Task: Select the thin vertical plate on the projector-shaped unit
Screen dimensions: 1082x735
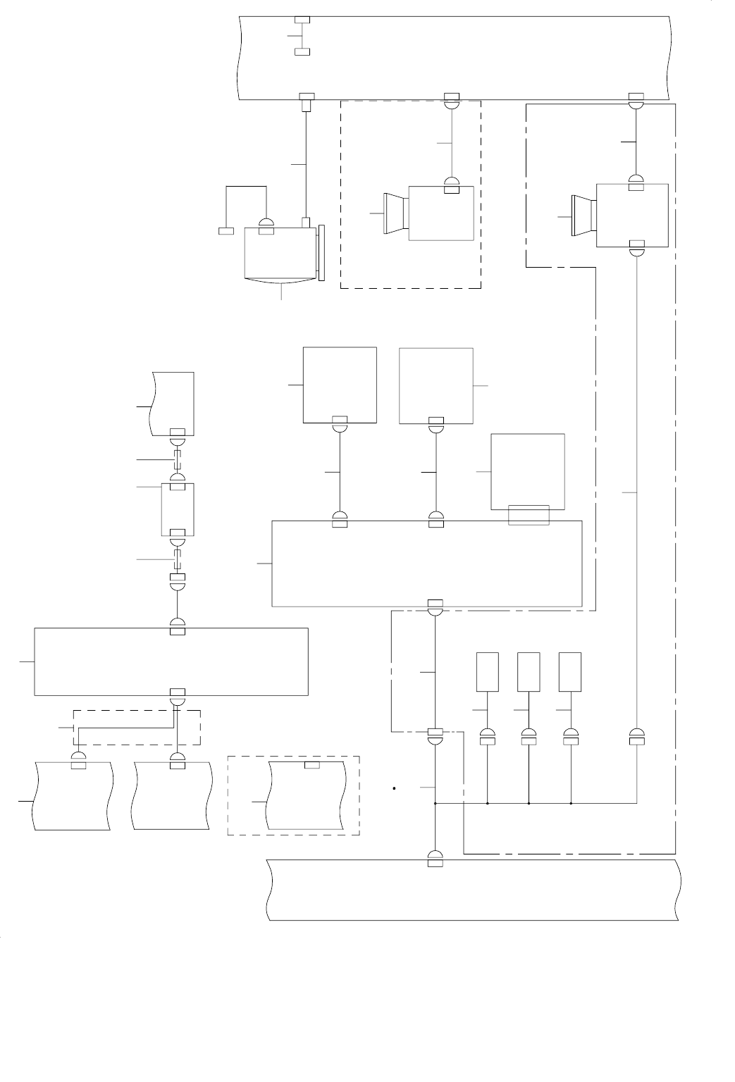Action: (322, 253)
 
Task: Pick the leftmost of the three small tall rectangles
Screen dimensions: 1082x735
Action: (488, 672)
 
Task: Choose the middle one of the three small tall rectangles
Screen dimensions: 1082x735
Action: (529, 672)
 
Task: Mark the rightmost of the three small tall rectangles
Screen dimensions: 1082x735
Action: (570, 672)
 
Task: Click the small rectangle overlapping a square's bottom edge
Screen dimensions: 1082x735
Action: (529, 515)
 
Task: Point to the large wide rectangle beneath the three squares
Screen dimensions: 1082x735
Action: (427, 564)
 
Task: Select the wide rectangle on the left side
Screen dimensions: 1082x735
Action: (171, 661)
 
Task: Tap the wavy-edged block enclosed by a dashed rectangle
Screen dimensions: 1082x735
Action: (305, 795)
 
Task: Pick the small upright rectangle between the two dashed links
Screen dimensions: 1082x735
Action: (178, 509)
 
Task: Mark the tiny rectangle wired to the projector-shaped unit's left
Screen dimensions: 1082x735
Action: (226, 231)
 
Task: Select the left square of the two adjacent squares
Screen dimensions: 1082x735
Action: (340, 385)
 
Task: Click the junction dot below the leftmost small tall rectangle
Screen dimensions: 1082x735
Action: (488, 802)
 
